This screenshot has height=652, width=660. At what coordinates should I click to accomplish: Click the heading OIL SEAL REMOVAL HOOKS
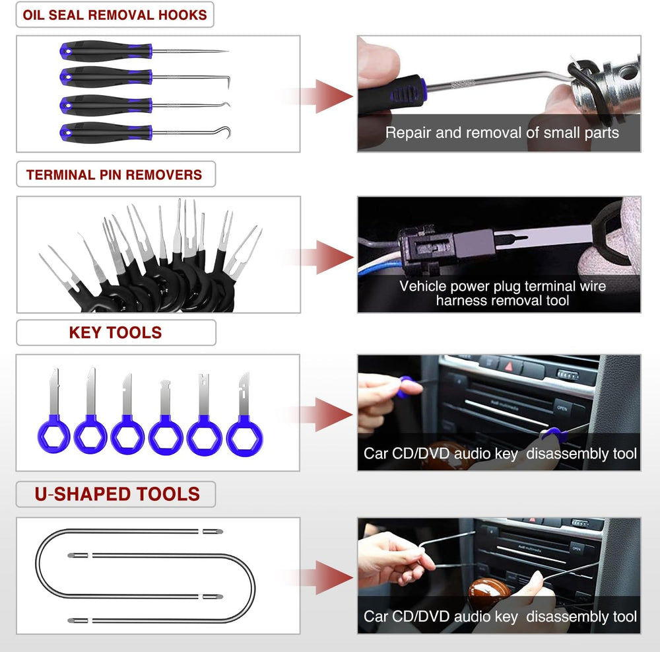coord(115,15)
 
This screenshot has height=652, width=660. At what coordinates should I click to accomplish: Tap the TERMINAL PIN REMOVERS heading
coord(114,175)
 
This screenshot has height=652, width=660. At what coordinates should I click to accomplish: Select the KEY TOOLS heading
coord(115,332)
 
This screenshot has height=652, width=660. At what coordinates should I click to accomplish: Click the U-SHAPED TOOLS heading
coord(117,494)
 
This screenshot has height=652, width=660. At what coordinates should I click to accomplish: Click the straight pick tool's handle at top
coord(106,52)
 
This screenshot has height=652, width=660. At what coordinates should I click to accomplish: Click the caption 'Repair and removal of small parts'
coord(502,133)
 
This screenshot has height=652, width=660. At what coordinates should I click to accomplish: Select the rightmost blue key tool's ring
coord(244,437)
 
